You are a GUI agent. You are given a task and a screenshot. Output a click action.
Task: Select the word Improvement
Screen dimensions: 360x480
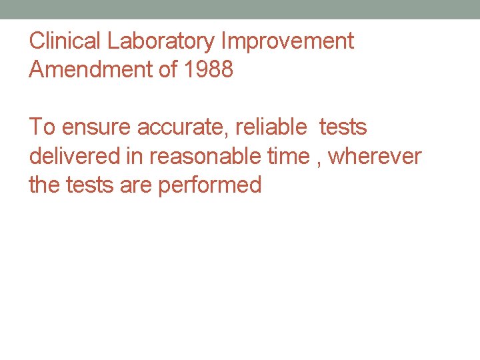(287, 41)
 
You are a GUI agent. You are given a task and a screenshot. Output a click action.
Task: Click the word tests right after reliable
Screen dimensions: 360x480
(343, 127)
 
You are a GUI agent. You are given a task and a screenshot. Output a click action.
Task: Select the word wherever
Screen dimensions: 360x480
(375, 156)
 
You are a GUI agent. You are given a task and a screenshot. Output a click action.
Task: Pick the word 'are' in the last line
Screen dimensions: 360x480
(136, 185)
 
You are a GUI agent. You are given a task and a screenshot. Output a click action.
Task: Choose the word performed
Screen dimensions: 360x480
(210, 185)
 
